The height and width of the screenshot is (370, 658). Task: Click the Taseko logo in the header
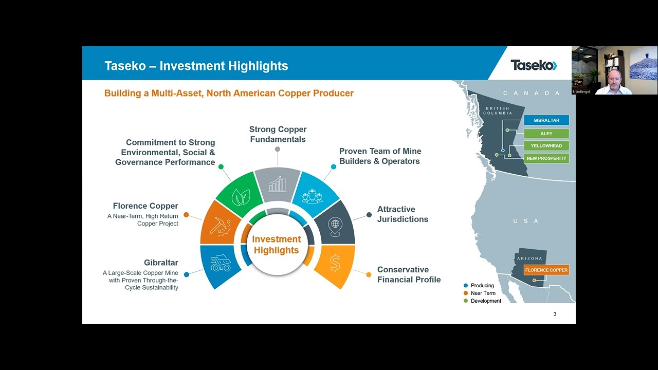pos(533,65)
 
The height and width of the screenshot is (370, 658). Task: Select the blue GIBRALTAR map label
pos(546,120)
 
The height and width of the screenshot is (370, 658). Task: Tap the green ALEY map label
pos(546,133)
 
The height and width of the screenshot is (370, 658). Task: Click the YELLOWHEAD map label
pos(546,145)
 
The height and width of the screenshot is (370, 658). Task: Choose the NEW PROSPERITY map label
pos(546,158)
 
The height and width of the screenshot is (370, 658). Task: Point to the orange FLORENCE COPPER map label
pos(546,270)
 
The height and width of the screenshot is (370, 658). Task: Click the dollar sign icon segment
pos(335,264)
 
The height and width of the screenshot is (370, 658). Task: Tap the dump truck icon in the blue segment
pos(221,264)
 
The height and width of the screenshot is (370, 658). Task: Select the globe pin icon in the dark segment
pos(335,226)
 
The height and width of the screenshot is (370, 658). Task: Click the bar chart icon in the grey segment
pos(277,184)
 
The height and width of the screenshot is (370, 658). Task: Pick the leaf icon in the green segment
pos(241,197)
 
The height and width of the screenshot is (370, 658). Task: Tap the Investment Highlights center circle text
pos(277,245)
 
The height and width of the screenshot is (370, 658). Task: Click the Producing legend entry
pos(482,286)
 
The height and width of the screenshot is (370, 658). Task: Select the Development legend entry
pos(485,301)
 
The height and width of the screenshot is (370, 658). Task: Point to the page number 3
pos(555,314)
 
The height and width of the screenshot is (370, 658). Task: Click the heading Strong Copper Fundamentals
pos(278,134)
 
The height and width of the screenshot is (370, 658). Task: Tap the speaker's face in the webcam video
pos(614,77)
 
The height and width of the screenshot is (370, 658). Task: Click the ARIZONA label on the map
pos(529,258)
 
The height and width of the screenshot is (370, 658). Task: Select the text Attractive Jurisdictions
pos(403,214)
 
